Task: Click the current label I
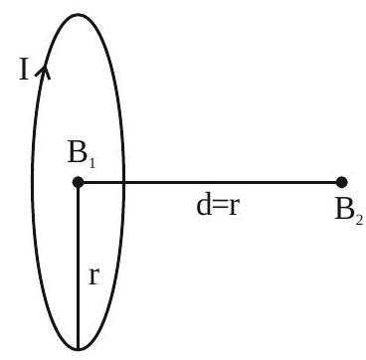pos(24,71)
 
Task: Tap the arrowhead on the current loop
pos(43,72)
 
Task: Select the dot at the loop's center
pos(78,182)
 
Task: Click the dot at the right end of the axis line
pos(341,182)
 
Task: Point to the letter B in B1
pos(78,153)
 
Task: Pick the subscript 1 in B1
pos(91,162)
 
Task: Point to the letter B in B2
pos(344,210)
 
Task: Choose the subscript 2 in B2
pos(359,219)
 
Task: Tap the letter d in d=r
pos(205,206)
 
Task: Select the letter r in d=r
pos(234,209)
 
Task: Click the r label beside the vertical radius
pos(94,277)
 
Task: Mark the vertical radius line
pos(78,266)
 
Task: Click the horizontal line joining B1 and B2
pos(210,182)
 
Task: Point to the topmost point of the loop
pos(78,14)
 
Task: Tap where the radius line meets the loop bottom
pos(78,349)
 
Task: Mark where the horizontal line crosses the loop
pos(124,182)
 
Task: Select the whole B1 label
pos(82,155)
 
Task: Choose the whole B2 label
pos(349,213)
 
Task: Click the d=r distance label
pos(218,206)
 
